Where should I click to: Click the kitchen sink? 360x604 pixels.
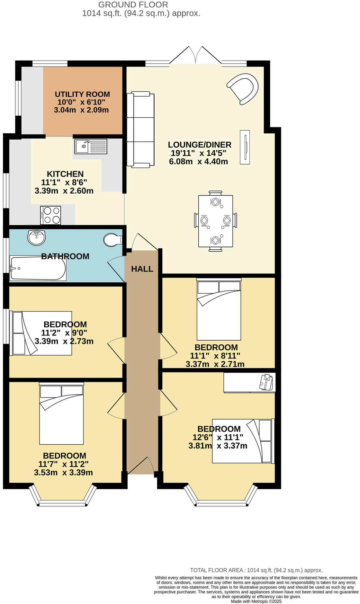point(91,147)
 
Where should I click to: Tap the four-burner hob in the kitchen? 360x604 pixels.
point(51,215)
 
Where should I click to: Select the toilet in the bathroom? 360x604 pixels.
point(113,240)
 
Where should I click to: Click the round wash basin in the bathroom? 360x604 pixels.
point(36,238)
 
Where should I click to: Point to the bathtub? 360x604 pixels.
point(38,268)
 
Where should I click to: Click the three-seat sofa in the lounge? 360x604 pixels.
point(140,130)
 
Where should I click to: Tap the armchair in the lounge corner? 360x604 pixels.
point(244,88)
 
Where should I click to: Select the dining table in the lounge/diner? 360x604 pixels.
point(215,221)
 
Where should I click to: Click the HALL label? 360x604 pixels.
point(142,269)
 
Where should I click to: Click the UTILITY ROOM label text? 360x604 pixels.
point(82,94)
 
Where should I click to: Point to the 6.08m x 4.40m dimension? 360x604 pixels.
point(198,161)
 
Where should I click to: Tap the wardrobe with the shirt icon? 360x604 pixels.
point(249,382)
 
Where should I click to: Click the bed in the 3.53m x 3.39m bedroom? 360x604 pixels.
point(61,414)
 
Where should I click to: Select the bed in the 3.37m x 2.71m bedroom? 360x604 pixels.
point(219,310)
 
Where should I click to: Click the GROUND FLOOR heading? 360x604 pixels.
point(133,5)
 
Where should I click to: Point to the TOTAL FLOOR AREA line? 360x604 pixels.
point(256,570)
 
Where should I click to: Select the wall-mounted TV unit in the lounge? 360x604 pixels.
point(245,147)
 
